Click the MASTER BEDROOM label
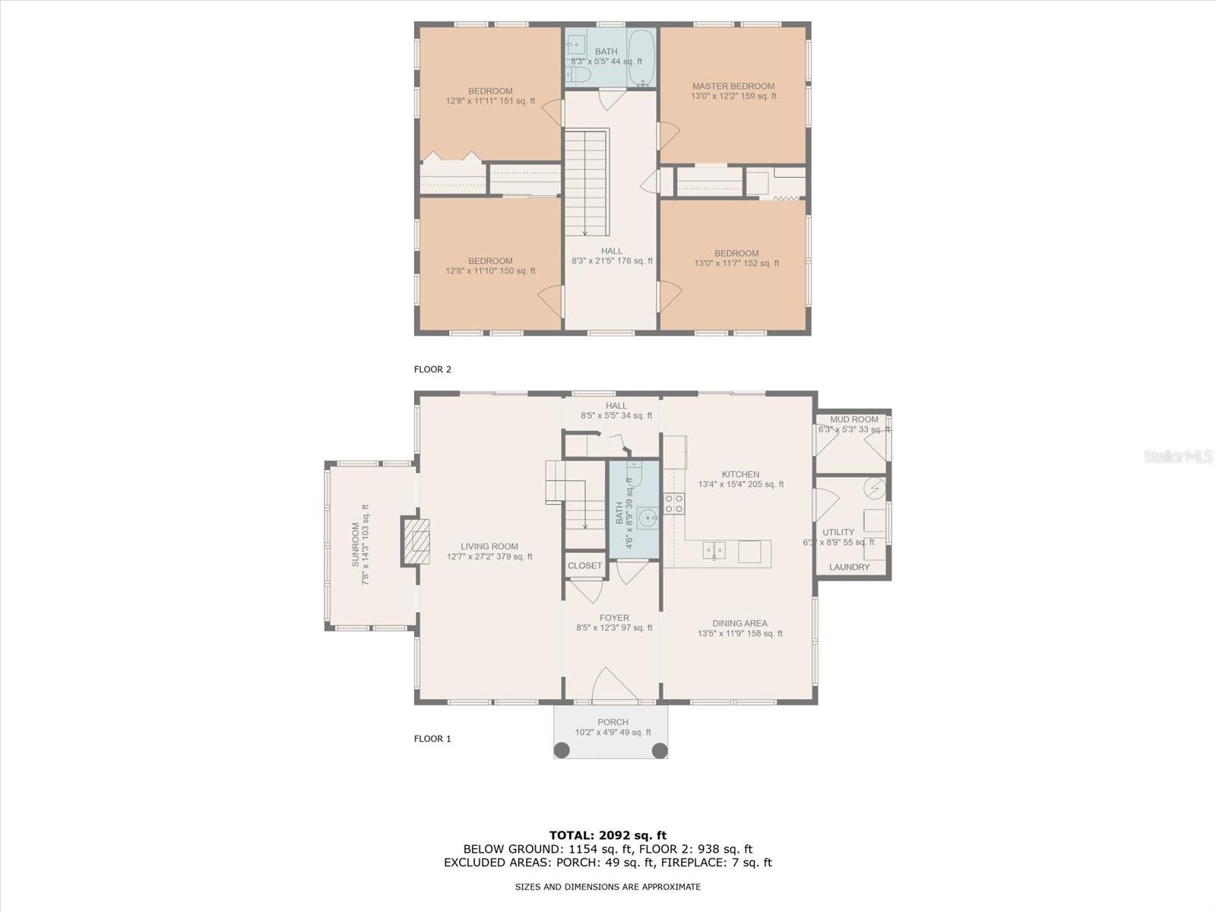pyautogui.click(x=733, y=87)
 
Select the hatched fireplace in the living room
pyautogui.click(x=416, y=542)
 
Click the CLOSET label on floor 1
pyautogui.click(x=584, y=565)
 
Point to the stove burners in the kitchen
pyautogui.click(x=673, y=503)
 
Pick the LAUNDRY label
pyautogui.click(x=849, y=567)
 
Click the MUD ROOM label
pyautogui.click(x=853, y=420)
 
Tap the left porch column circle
pyautogui.click(x=562, y=750)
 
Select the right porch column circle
pyautogui.click(x=660, y=750)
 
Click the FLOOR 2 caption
pyautogui.click(x=432, y=369)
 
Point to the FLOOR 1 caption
pyautogui.click(x=432, y=739)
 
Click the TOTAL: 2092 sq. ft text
pyautogui.click(x=608, y=835)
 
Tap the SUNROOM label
pyautogui.click(x=356, y=545)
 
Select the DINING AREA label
pyautogui.click(x=739, y=623)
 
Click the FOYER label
pyautogui.click(x=614, y=618)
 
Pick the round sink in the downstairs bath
pyautogui.click(x=647, y=518)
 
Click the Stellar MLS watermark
pyautogui.click(x=1177, y=456)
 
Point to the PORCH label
pyautogui.click(x=613, y=722)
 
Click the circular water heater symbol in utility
pyautogui.click(x=874, y=489)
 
